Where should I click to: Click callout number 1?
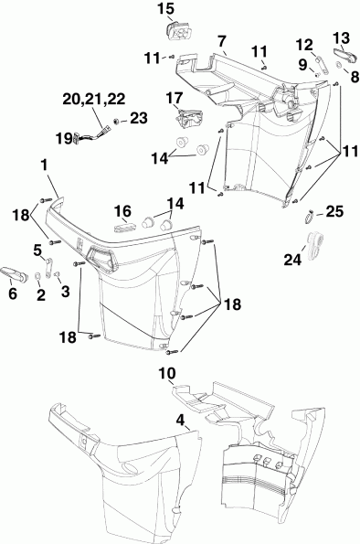(43, 165)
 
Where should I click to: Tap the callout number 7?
(221, 41)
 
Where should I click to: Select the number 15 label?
(165, 9)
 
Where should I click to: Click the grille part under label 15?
(180, 31)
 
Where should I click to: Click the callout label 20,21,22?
(95, 98)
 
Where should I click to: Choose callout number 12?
(304, 43)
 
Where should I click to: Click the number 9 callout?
(303, 64)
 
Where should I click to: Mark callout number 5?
(38, 249)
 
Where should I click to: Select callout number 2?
(40, 293)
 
